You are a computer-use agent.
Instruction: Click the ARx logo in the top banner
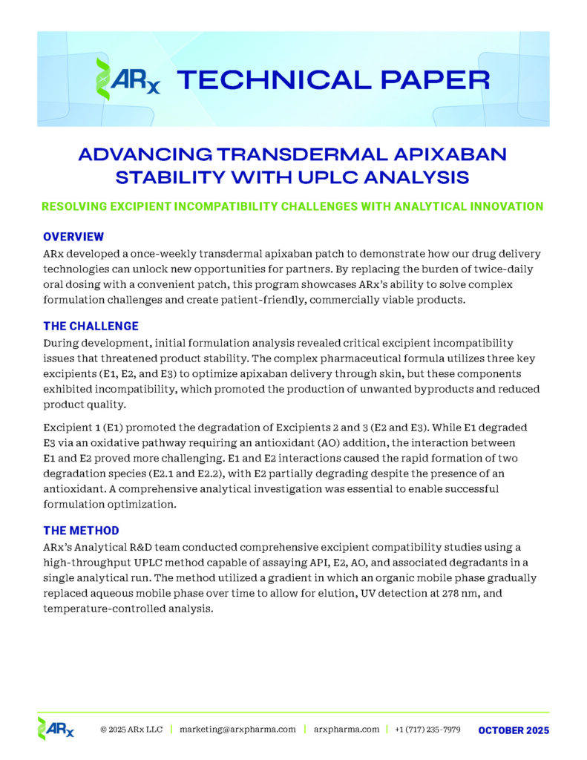(x=126, y=79)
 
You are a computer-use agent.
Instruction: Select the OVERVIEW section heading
(x=73, y=237)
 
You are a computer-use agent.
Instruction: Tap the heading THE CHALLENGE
(x=91, y=326)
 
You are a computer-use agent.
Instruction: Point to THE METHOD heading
(x=80, y=530)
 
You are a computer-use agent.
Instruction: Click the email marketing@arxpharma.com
(x=237, y=730)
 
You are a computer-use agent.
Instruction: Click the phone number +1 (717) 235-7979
(x=427, y=730)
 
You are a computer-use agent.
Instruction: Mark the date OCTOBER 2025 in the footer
(x=514, y=730)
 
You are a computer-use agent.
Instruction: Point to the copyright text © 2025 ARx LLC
(x=131, y=730)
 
